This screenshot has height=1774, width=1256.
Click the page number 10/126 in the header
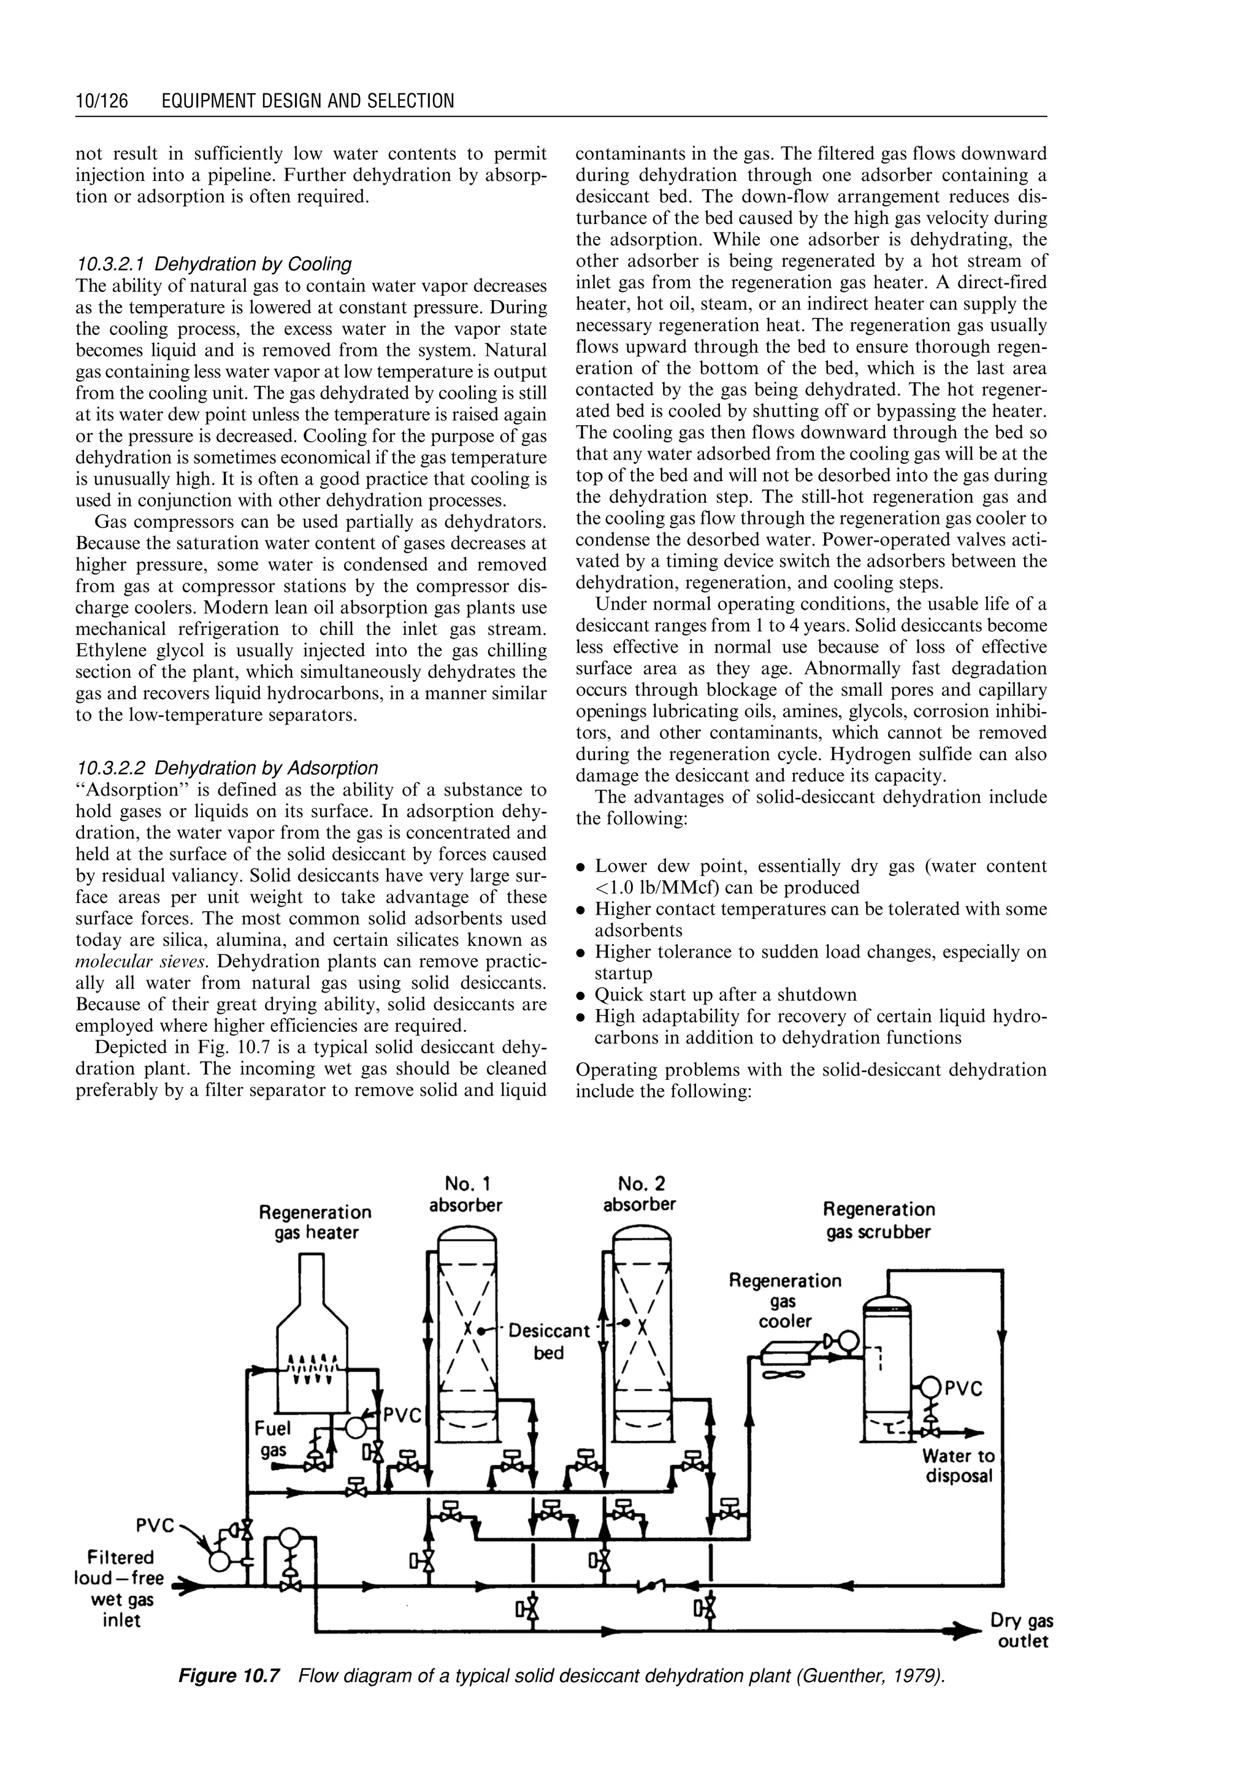click(x=101, y=101)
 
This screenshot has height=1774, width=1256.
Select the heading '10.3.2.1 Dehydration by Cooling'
click(x=214, y=264)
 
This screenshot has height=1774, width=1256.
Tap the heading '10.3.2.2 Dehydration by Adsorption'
click(x=228, y=767)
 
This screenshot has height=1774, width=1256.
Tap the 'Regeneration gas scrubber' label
click(x=879, y=1220)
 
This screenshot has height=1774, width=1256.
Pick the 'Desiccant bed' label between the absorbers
click(x=548, y=1342)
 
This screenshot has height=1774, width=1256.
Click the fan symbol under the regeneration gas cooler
click(x=785, y=1374)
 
